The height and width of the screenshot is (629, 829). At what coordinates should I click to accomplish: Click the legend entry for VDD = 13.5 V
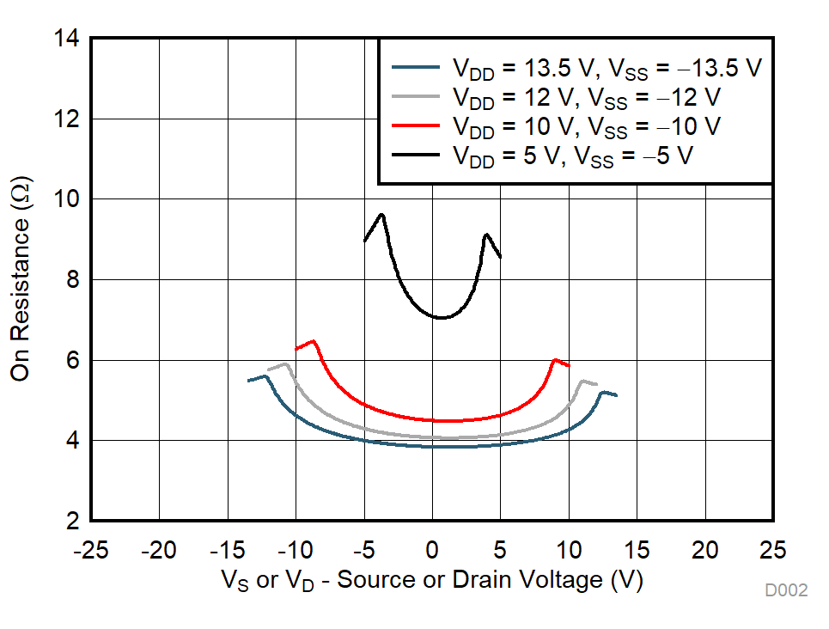pyautogui.click(x=576, y=69)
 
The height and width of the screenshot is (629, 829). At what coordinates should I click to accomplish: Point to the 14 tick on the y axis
pyautogui.click(x=67, y=39)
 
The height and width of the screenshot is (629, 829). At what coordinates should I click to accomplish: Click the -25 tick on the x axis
pyautogui.click(x=90, y=551)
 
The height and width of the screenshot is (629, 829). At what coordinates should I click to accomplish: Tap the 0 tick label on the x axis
pyautogui.click(x=432, y=551)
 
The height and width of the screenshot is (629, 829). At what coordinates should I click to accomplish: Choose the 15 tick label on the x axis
pyautogui.click(x=637, y=551)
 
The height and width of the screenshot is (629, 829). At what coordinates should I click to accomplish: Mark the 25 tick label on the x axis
pyautogui.click(x=773, y=551)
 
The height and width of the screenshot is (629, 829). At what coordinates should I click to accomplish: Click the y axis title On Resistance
pyautogui.click(x=21, y=280)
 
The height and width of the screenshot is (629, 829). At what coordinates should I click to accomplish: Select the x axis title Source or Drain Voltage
pyautogui.click(x=432, y=581)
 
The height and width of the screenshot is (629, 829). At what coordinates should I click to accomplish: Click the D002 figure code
pyautogui.click(x=786, y=590)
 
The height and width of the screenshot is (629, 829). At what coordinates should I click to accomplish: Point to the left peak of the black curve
pyautogui.click(x=381, y=215)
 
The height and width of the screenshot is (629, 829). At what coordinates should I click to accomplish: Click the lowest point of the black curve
pyautogui.click(x=441, y=318)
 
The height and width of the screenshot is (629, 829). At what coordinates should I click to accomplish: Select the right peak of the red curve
pyautogui.click(x=555, y=359)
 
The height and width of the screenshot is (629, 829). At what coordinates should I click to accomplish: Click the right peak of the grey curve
pyautogui.click(x=582, y=381)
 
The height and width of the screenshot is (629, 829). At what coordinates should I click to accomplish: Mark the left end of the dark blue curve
pyautogui.click(x=248, y=381)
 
